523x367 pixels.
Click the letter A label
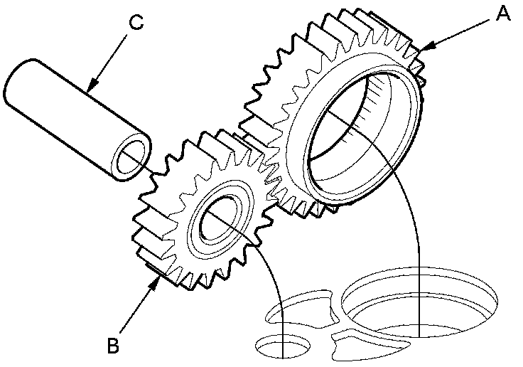502,13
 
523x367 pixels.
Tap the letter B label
112,346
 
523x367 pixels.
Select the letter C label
137,21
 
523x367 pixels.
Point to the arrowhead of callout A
422,50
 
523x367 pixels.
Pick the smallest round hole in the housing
283,346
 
